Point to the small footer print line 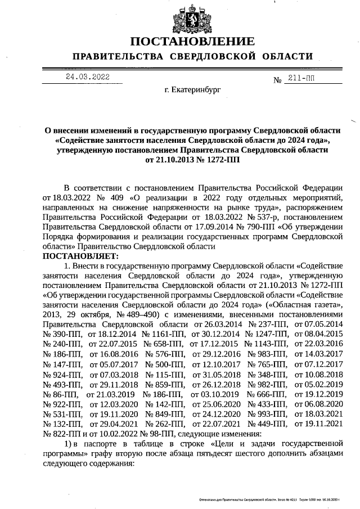click(x=270, y=499)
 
